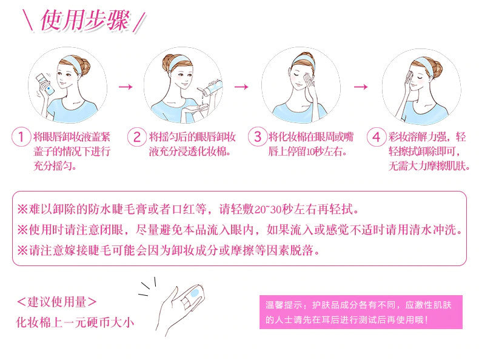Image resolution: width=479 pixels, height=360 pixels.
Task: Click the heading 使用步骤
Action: click(85, 20)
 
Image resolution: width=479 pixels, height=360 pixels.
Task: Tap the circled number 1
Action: click(21, 137)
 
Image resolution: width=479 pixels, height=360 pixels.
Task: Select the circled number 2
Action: click(137, 137)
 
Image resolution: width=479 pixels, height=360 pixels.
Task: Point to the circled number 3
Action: click(258, 136)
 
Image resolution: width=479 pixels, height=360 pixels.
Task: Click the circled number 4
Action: click(377, 137)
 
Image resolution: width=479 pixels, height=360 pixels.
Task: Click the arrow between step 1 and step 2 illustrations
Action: click(126, 87)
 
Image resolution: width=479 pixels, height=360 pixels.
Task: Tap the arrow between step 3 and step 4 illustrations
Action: click(361, 87)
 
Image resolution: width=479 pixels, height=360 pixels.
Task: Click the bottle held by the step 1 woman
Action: click(45, 84)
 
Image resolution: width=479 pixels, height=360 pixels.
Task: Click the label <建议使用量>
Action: click(57, 302)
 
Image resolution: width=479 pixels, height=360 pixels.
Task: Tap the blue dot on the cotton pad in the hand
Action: click(195, 293)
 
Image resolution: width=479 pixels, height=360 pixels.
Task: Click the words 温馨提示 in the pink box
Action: click(279, 305)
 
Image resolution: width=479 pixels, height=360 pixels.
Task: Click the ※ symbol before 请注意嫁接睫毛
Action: click(22, 251)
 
